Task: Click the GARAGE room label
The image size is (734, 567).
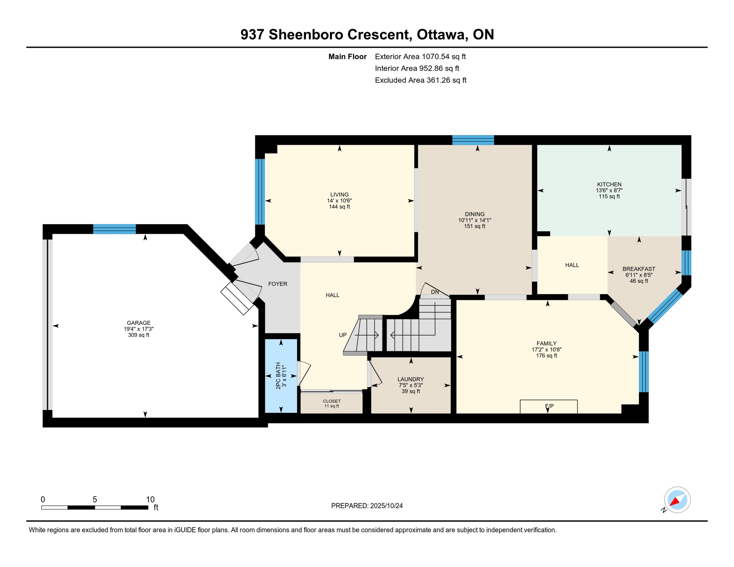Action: [138, 323]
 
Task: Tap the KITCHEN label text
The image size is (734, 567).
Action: [609, 184]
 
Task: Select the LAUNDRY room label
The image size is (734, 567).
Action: [411, 379]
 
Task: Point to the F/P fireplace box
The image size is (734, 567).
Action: [549, 406]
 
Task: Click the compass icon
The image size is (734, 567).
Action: [677, 500]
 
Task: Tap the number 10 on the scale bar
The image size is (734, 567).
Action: [150, 499]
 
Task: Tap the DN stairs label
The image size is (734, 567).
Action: [435, 292]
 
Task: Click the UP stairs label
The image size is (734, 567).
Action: [343, 335]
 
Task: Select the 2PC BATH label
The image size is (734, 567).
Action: [278, 376]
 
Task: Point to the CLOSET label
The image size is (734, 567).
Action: [332, 401]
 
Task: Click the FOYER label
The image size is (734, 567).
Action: [278, 284]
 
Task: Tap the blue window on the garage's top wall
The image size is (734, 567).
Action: [114, 229]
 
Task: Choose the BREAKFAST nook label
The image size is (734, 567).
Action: [639, 269]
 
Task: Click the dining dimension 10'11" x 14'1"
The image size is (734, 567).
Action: [474, 220]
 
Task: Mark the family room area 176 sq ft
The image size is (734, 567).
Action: [546, 355]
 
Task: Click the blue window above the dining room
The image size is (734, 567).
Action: [473, 140]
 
